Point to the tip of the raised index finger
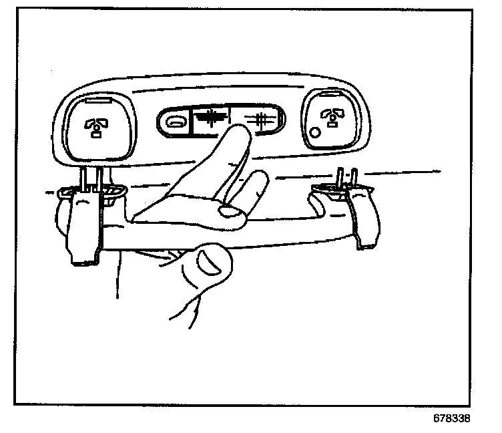click(238, 132)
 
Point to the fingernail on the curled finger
click(232, 212)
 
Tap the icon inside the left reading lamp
click(95, 126)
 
